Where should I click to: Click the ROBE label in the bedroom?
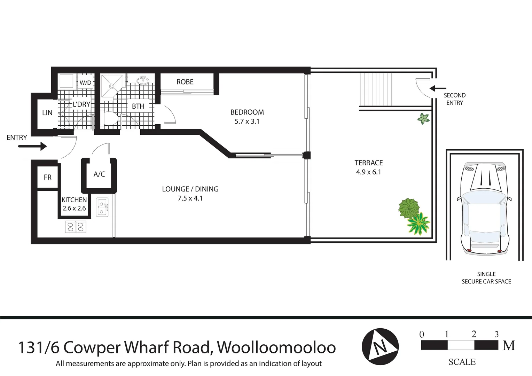pyautogui.click(x=185, y=82)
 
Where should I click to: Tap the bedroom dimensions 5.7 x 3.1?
pyautogui.click(x=247, y=122)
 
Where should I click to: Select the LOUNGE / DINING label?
pyautogui.click(x=190, y=189)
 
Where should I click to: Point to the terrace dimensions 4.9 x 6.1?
pyautogui.click(x=368, y=172)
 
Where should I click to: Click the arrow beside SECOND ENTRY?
pyautogui.click(x=438, y=88)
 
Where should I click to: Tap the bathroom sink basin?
pyautogui.click(x=143, y=80)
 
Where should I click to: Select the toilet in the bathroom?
pyautogui.click(x=111, y=119)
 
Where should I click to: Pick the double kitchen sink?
pyautogui.click(x=102, y=206)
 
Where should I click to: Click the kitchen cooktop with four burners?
pyautogui.click(x=76, y=227)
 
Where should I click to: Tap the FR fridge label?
pyautogui.click(x=48, y=177)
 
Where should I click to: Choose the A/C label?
pyautogui.click(x=99, y=174)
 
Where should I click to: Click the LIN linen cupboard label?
pyautogui.click(x=47, y=113)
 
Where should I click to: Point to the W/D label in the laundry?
pyautogui.click(x=85, y=83)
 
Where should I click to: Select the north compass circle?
pyautogui.click(x=380, y=346)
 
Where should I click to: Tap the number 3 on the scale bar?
pyautogui.click(x=496, y=335)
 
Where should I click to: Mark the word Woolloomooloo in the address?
pyautogui.click(x=276, y=347)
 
